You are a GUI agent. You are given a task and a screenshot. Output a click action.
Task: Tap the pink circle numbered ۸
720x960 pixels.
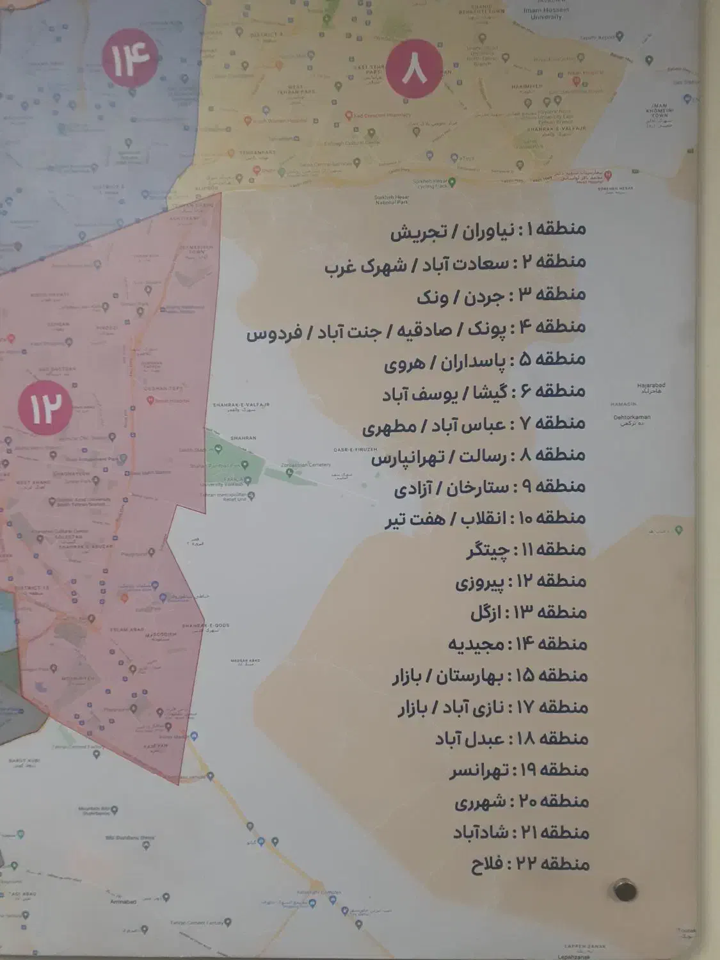click(x=414, y=68)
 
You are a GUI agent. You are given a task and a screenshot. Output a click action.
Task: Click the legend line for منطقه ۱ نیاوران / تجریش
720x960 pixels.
click(x=488, y=231)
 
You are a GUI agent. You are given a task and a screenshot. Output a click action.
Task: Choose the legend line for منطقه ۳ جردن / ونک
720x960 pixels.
click(x=501, y=295)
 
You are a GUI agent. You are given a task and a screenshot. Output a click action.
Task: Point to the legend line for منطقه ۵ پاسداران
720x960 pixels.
click(x=484, y=360)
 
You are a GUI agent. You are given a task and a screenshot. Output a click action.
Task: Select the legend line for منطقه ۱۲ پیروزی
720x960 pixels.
click(x=521, y=581)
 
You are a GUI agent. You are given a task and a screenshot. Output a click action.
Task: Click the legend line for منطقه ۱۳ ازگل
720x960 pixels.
click(x=529, y=612)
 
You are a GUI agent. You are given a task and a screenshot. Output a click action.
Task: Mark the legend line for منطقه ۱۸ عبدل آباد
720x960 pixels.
click(x=511, y=739)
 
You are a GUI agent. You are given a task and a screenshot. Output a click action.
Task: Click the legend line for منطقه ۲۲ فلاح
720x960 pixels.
click(x=530, y=865)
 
